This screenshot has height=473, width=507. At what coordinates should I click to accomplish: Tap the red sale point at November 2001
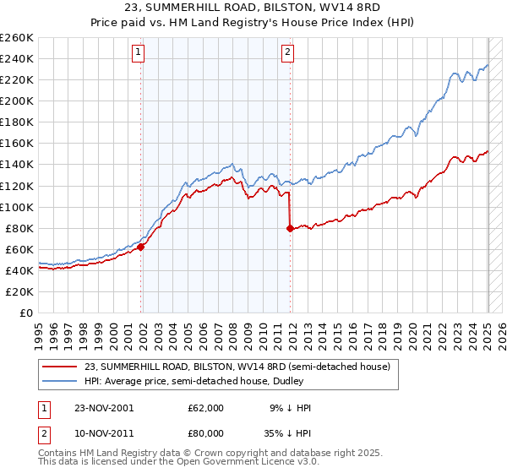141,247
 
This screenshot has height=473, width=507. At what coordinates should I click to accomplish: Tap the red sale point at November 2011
290,228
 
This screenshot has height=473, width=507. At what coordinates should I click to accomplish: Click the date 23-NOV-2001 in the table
104,407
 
